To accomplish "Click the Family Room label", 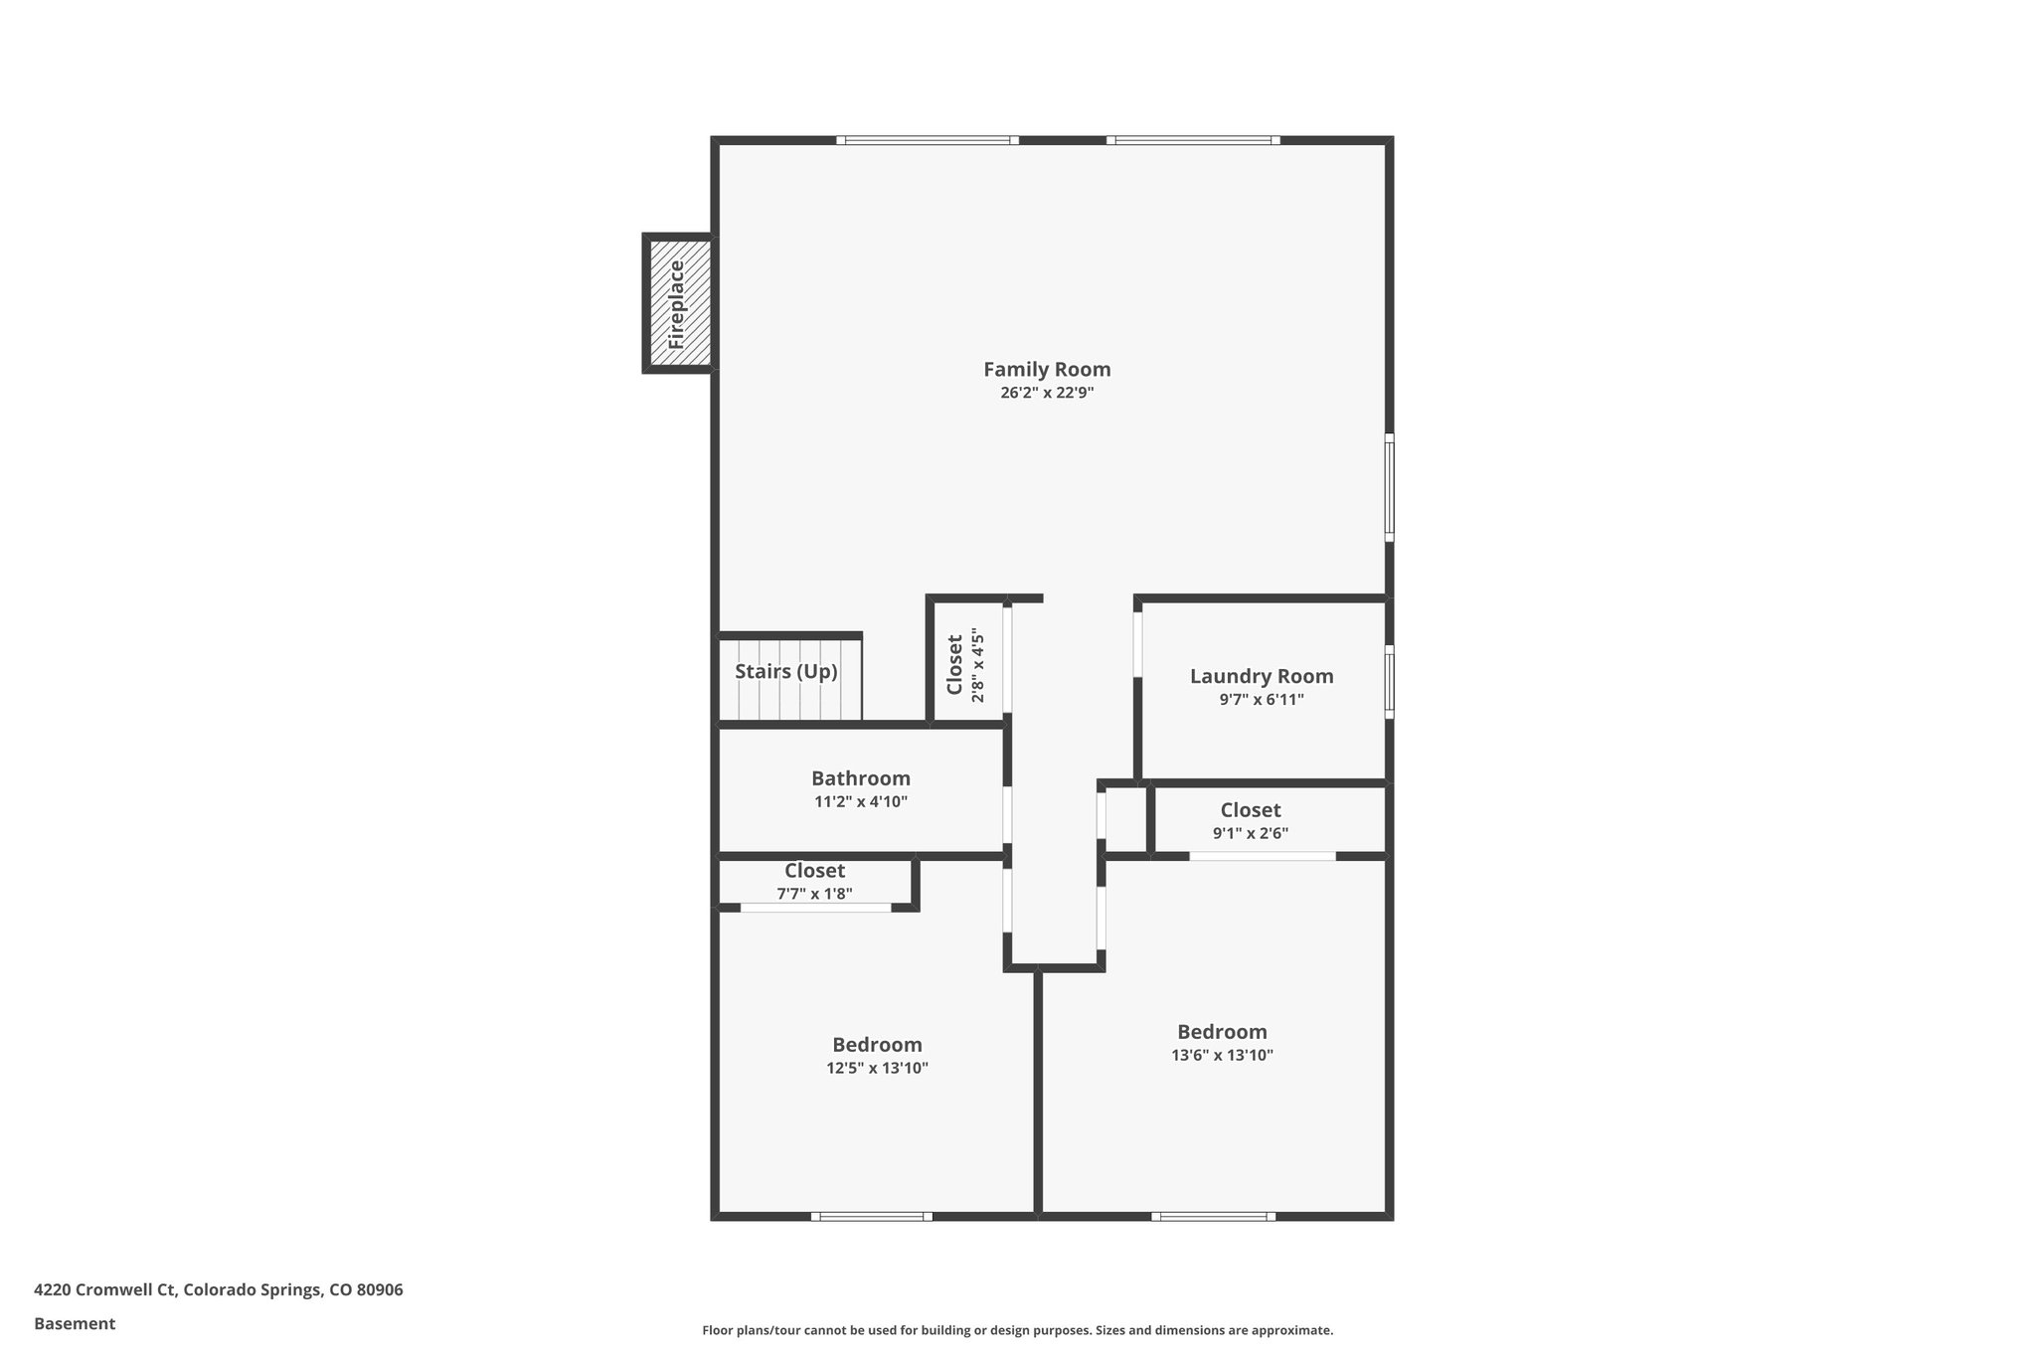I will (1047, 370).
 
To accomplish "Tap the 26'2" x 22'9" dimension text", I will (1047, 393).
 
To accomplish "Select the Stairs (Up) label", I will (786, 672).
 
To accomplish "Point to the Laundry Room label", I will (1262, 677).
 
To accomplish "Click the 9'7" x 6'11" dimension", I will (1262, 700).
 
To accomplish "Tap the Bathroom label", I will (861, 778).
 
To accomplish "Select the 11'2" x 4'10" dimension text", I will (861, 801).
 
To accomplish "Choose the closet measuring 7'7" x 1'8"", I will (814, 882).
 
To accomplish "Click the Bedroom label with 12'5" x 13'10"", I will (877, 1045).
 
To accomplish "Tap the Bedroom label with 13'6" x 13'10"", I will (1222, 1032).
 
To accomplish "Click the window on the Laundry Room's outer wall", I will (1389, 681).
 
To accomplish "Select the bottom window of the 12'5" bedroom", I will (872, 1216).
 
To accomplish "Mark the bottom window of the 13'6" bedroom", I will (1213, 1216).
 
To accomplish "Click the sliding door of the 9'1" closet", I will (1263, 856).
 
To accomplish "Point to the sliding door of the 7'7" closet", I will (816, 908).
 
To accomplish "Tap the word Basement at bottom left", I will (75, 1323).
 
